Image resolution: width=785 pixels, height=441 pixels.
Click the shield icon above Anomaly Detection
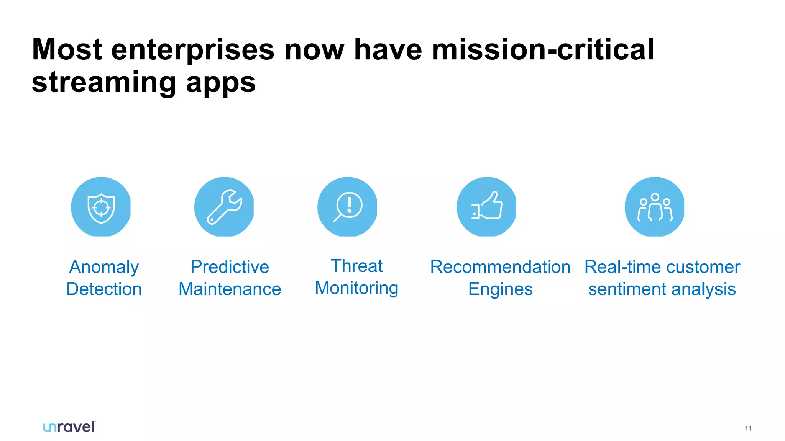coord(101,207)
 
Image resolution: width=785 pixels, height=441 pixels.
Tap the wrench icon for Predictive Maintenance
coord(224,207)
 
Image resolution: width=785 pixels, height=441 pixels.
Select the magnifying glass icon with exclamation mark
coord(348,207)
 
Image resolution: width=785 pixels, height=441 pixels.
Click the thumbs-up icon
coord(487,207)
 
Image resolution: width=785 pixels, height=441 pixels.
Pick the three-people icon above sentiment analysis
coord(655,207)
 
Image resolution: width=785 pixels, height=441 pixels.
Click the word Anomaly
coord(104,267)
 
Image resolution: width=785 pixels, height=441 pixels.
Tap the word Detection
coord(104,289)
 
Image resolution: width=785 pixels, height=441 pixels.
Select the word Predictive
coord(230,267)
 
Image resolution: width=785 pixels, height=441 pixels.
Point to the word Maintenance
coord(230,289)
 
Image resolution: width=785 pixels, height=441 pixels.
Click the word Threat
coord(356,266)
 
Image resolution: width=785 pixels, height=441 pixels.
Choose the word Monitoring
coord(356,288)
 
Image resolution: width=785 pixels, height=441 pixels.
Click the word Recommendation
coord(500,267)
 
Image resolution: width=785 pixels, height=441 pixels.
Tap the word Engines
coord(500,289)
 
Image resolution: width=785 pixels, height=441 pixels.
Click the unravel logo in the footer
coord(69,427)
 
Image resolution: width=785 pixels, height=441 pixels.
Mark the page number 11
coord(748,428)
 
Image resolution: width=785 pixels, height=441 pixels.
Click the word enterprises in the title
coord(193,50)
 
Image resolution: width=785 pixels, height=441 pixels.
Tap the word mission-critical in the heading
coord(543,50)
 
